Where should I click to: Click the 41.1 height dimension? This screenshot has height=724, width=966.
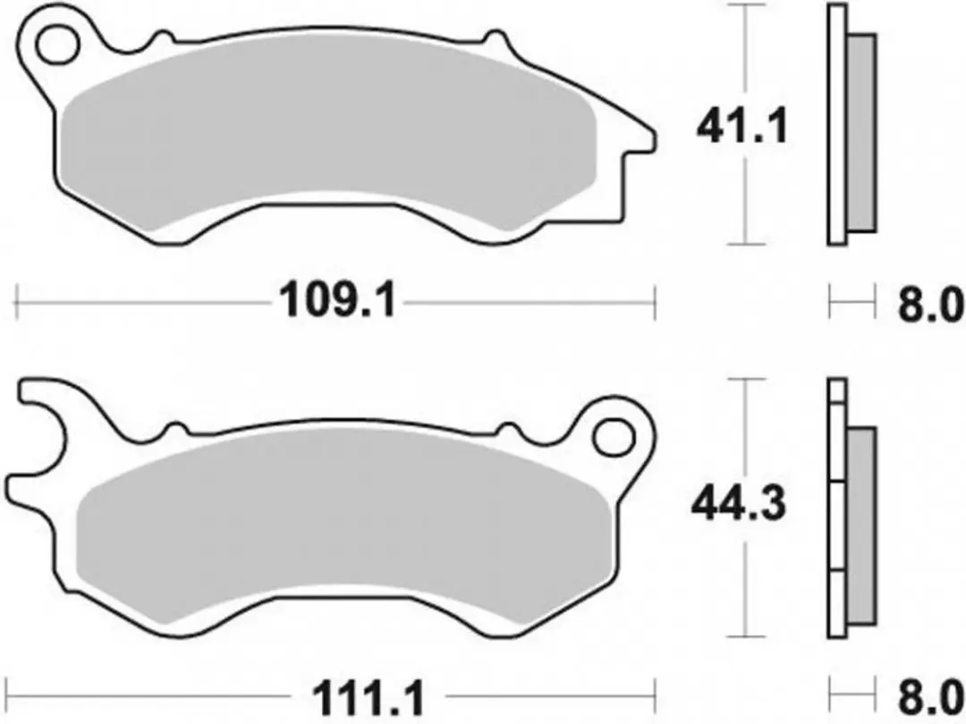pos(741,129)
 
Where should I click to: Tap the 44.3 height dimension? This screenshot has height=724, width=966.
pos(739,505)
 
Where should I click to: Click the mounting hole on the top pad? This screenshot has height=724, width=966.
pos(58,45)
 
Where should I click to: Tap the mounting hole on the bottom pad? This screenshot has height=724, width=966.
pos(614,437)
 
